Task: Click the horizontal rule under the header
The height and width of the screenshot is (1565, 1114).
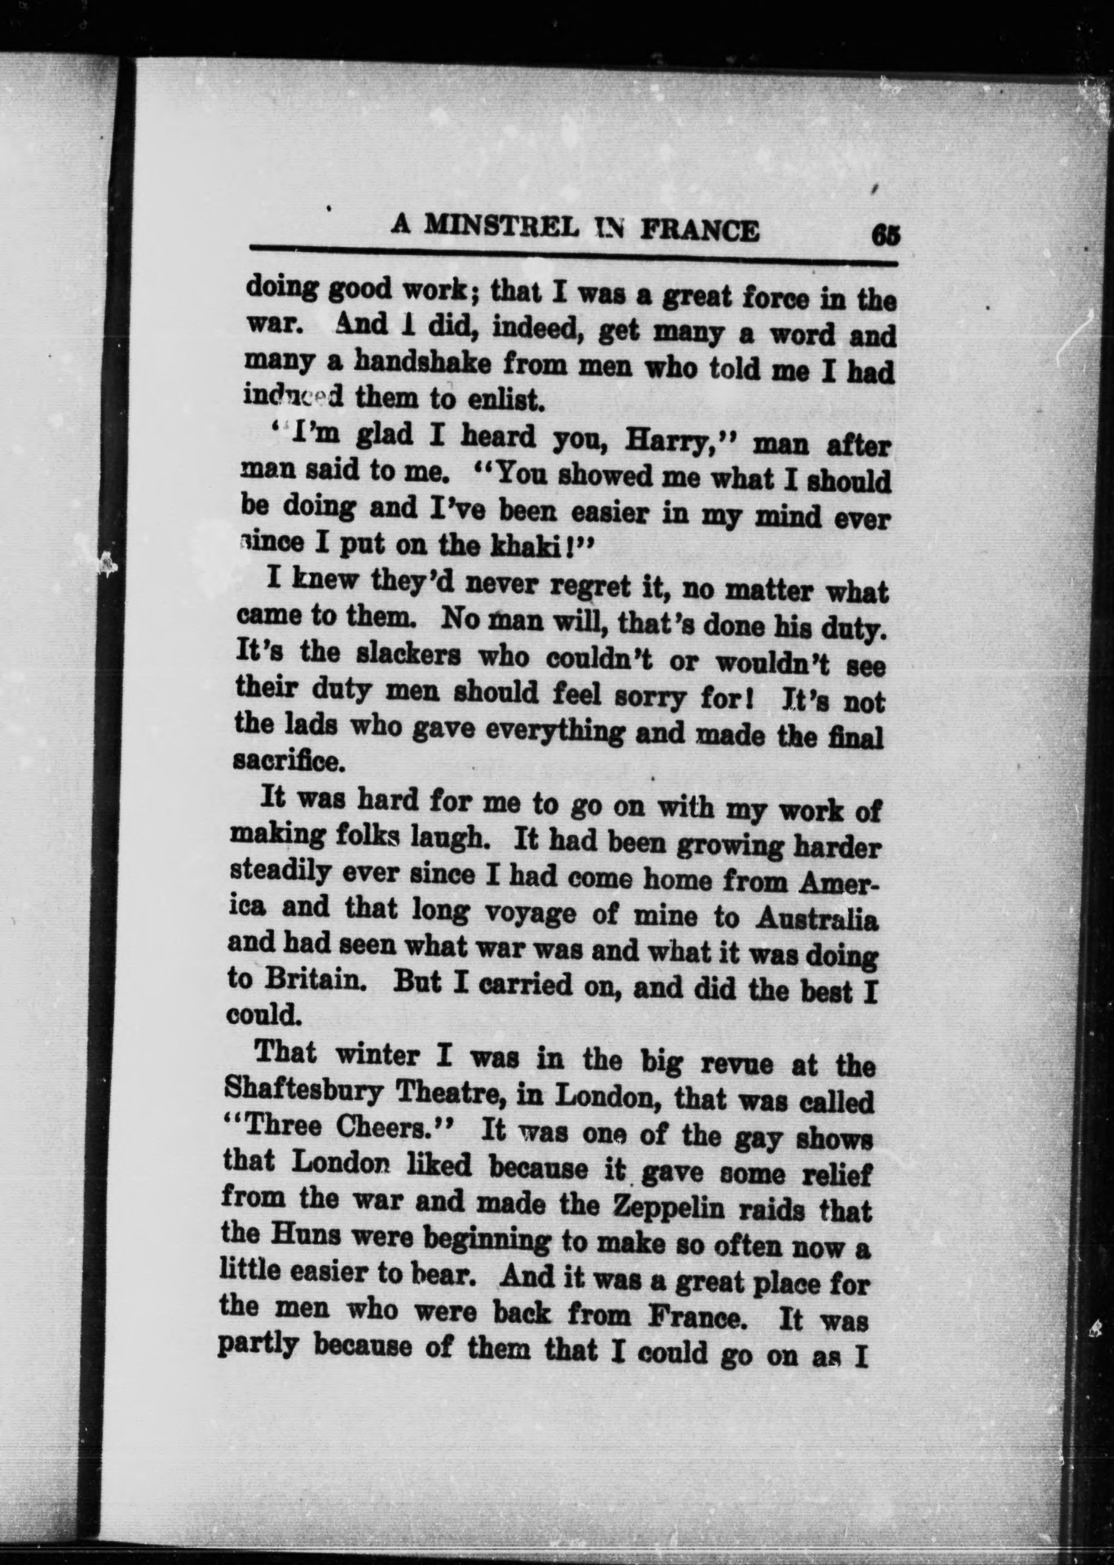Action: point(574,257)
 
